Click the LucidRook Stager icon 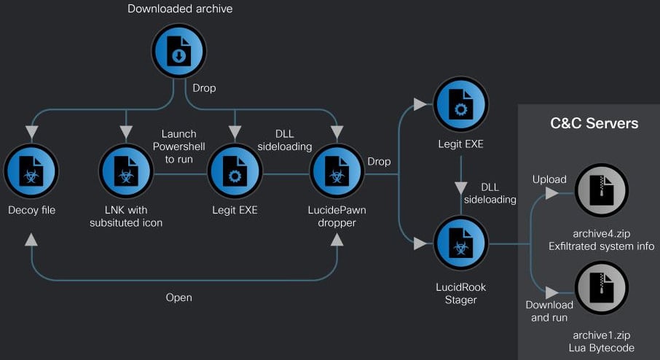tap(460, 243)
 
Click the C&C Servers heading tap(594, 123)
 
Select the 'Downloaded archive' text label tap(180, 9)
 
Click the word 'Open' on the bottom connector tap(178, 297)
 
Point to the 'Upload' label tap(549, 179)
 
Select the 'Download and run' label tap(549, 311)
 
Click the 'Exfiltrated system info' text tap(601, 246)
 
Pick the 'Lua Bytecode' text tap(601, 348)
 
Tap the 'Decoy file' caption tap(31, 211)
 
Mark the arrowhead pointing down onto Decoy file tap(31, 132)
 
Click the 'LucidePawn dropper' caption tap(337, 216)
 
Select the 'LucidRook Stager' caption tap(460, 293)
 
